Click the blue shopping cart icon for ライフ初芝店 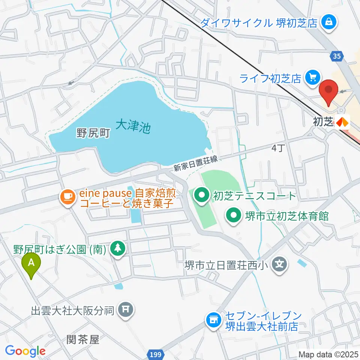[x=312, y=78]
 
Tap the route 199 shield [x=158, y=354]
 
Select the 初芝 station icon [x=342, y=121]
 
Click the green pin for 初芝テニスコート [x=203, y=195]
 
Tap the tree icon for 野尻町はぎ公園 [x=118, y=248]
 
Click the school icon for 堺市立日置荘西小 [x=279, y=265]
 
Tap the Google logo [x=25, y=351]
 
